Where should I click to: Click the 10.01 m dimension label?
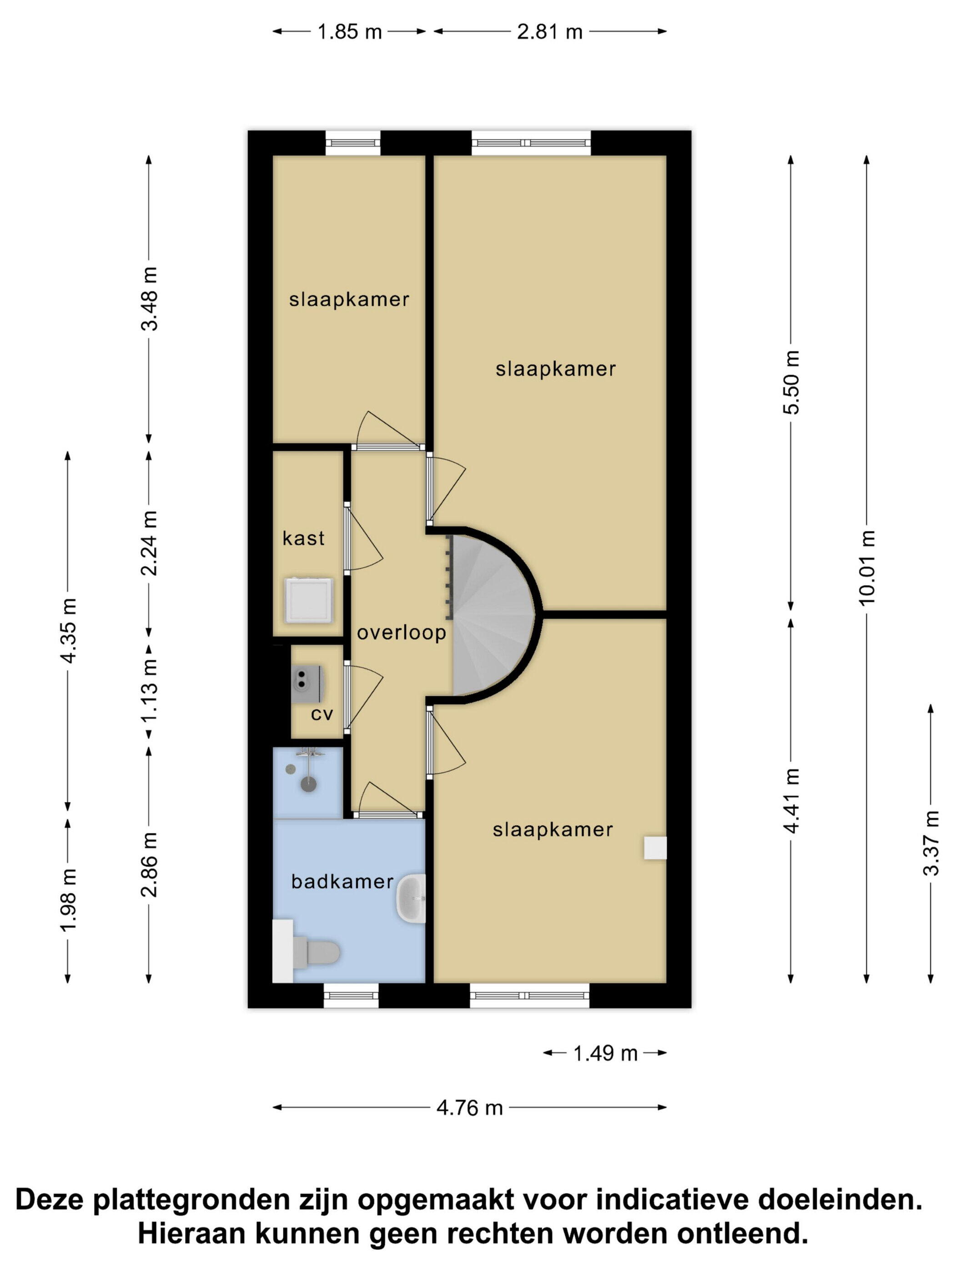866,567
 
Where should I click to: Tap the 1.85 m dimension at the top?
349,32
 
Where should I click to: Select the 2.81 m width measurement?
549,32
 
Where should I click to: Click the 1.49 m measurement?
605,1053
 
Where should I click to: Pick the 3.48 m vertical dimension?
149,299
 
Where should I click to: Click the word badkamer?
342,882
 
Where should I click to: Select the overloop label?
401,632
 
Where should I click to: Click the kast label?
303,538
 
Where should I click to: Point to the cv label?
322,714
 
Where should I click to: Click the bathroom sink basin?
411,898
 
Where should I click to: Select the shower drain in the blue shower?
309,784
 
